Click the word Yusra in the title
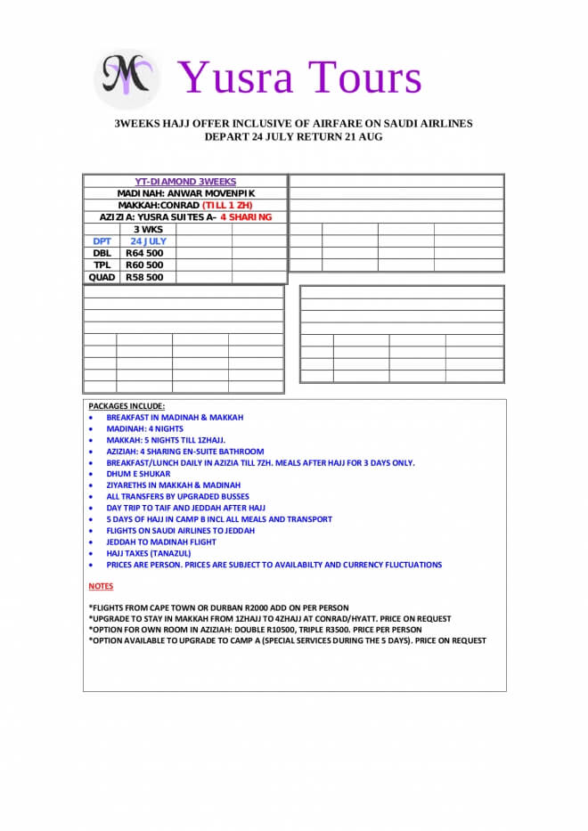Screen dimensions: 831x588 (233, 77)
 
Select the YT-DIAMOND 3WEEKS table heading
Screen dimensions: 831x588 (185, 182)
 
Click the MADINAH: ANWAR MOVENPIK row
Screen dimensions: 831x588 (185, 193)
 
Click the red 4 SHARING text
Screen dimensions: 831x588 (246, 217)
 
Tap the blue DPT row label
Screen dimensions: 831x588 (102, 240)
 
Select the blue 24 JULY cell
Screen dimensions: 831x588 (148, 240)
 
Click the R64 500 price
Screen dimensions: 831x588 (144, 253)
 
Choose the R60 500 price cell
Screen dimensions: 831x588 (144, 265)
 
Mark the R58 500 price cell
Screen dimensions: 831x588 (144, 277)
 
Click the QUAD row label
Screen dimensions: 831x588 (102, 277)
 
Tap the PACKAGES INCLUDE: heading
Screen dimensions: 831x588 (127, 406)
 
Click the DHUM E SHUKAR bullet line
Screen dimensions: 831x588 (137, 474)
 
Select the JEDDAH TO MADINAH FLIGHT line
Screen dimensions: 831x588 (161, 542)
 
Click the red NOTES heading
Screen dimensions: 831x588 (101, 586)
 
